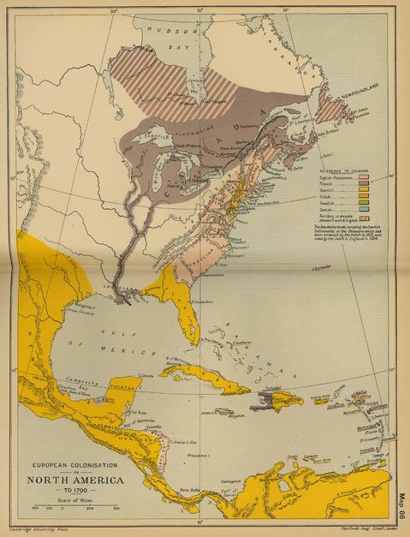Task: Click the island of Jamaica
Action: [224, 412]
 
